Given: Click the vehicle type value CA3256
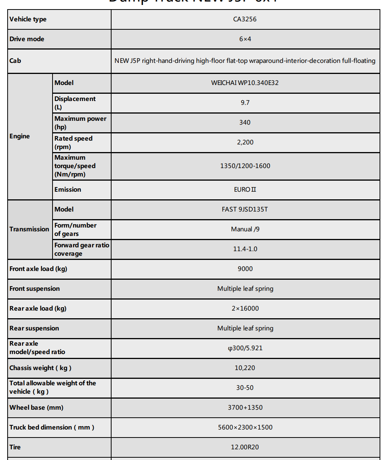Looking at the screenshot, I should click(245, 19).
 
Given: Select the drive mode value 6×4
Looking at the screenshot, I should click(245, 39).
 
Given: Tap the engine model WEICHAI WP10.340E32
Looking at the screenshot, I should click(245, 83).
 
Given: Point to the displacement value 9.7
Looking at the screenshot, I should click(245, 103).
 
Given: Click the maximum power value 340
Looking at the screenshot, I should click(245, 122).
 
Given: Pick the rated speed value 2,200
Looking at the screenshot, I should click(245, 142).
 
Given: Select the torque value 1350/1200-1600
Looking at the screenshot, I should click(245, 166).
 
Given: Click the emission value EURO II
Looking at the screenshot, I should click(245, 189).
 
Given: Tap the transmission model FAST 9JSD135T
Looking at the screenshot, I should click(245, 209).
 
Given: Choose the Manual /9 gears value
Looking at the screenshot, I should click(245, 229).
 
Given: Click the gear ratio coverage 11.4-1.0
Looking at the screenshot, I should click(245, 249).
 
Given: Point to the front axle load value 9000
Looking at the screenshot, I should click(245, 269).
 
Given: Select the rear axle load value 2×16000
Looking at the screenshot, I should click(245, 308).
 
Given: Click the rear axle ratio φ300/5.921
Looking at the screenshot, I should click(245, 348).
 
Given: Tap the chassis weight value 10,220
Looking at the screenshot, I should click(245, 368).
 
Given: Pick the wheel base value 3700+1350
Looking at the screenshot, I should click(245, 407).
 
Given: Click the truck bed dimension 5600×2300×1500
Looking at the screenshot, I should click(245, 427).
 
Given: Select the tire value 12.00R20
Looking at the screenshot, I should click(245, 447).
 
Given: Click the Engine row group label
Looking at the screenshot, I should click(20, 136).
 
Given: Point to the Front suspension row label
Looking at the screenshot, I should click(35, 289).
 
